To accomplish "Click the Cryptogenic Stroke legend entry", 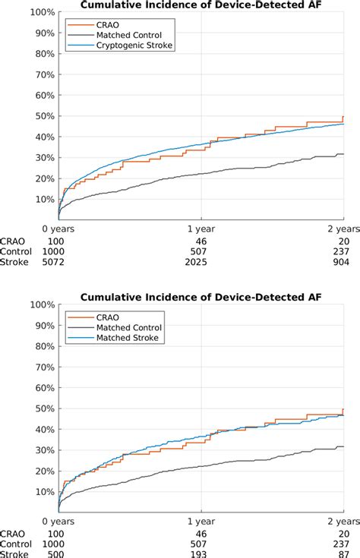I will pyautogui.click(x=134, y=46).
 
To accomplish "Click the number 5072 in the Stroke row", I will pyautogui.click(x=58, y=263).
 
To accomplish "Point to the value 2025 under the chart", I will pyautogui.click(x=201, y=263).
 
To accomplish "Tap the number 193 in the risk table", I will pyautogui.click(x=201, y=555).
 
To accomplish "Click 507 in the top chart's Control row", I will pyautogui.click(x=201, y=251).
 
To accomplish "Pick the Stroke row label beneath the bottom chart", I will pyautogui.click(x=14, y=555).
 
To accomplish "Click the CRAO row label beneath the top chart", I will pyautogui.click(x=14, y=240).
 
